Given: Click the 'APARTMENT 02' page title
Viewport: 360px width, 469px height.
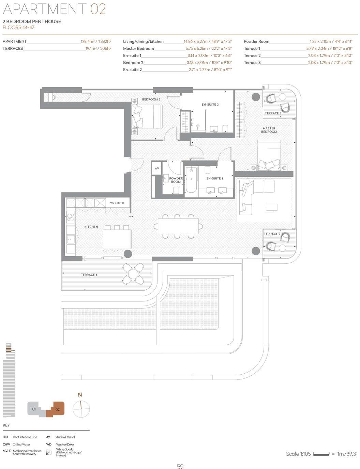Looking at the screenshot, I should [54, 9].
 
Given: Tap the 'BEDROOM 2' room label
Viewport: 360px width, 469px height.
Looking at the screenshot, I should [151, 99].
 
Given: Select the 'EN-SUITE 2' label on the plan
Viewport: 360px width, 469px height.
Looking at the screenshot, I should [210, 105].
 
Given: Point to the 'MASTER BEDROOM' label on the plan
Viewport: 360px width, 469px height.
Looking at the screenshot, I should [269, 130].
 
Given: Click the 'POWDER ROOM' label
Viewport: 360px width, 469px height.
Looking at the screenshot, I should [176, 180].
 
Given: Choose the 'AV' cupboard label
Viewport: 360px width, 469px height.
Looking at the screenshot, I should [157, 168].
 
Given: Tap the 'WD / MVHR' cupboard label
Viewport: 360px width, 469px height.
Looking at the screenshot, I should [117, 203].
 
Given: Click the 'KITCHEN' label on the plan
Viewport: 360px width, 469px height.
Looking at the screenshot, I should [91, 227].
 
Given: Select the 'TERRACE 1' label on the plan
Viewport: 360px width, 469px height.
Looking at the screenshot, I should [89, 275].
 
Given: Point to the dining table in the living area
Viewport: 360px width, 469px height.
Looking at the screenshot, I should [176, 226].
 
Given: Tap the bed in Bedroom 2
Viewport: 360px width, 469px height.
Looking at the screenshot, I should [147, 116].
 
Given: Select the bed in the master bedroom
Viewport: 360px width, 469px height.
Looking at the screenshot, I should [269, 155].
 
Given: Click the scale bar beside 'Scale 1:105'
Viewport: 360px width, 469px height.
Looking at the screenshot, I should [321, 454].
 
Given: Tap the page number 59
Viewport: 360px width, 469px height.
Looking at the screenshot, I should [180, 466].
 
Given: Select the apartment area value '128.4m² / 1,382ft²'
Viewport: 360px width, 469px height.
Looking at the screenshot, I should [96, 42].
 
